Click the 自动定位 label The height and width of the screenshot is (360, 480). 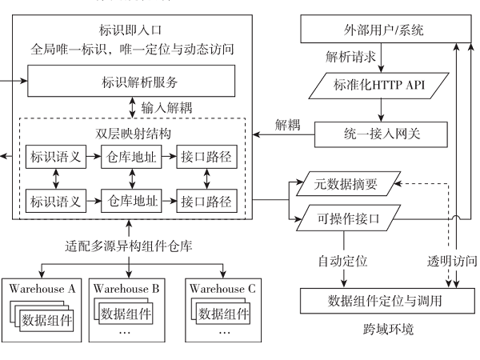point(341,261)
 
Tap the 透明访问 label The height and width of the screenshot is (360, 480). point(453,261)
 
